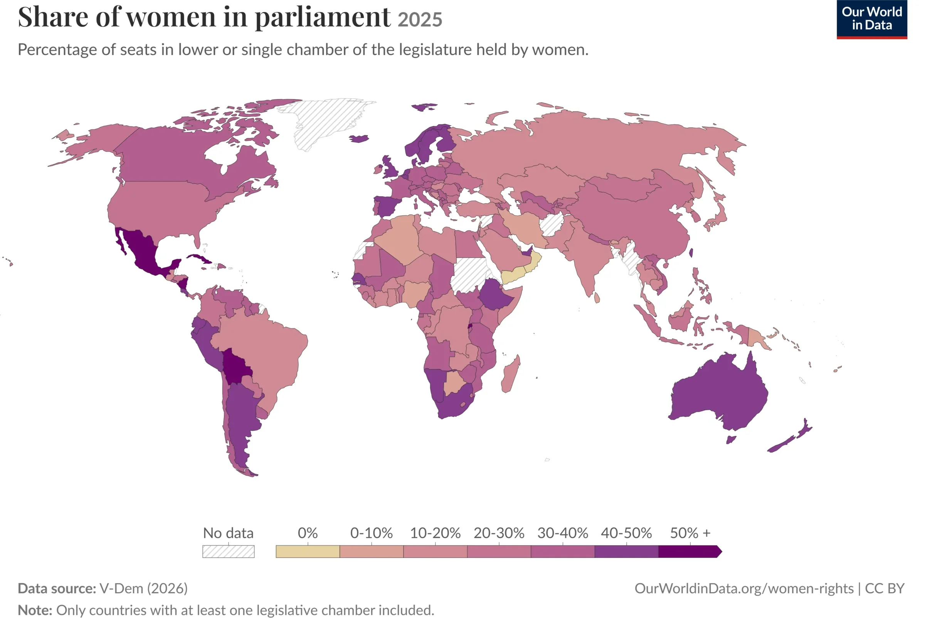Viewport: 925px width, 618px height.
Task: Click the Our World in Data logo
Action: click(x=872, y=19)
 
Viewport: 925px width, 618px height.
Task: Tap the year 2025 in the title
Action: click(x=420, y=20)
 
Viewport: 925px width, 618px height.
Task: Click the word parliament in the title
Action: click(x=323, y=18)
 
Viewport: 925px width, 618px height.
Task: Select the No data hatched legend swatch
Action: click(x=229, y=551)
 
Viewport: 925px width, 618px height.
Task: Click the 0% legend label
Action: click(x=308, y=533)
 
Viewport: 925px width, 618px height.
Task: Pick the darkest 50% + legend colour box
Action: click(x=690, y=551)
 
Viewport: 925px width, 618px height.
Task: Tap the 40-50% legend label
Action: click(x=626, y=533)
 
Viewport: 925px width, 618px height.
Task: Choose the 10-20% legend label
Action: click(x=435, y=533)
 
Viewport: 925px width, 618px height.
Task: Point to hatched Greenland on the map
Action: click(x=327, y=120)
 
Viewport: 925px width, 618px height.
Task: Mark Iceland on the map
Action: click(x=359, y=138)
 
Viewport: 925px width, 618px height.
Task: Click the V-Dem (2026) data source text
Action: click(x=143, y=588)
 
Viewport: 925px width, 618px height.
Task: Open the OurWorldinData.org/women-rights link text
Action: click(x=744, y=588)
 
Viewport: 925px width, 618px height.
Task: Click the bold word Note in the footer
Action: click(x=35, y=610)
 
